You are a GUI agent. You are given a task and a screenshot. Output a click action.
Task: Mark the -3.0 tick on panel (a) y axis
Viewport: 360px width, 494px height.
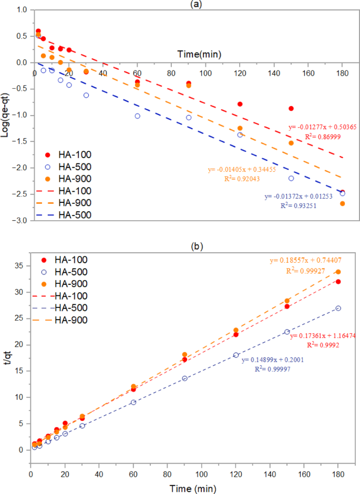click(x=20, y=221)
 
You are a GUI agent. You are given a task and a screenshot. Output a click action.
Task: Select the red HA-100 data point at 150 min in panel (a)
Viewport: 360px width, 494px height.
click(x=291, y=108)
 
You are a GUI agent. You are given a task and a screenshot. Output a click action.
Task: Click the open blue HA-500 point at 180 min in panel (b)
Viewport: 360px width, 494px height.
click(x=338, y=308)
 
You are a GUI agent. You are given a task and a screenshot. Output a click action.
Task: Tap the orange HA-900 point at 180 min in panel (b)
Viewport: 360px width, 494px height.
click(x=338, y=272)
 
